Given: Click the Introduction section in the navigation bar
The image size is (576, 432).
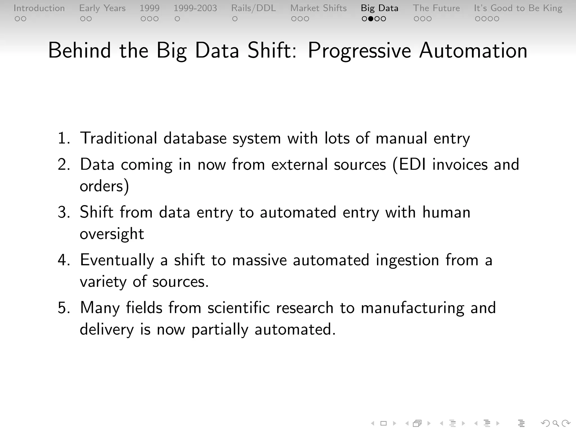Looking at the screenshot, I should (39, 8).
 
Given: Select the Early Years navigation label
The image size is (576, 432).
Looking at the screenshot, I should (102, 8).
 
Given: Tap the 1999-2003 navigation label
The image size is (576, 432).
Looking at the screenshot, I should (195, 8).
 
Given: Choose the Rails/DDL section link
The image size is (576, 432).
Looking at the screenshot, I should (253, 8).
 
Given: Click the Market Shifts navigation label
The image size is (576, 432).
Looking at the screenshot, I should (318, 8).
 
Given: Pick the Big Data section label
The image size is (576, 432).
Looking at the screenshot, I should (379, 8).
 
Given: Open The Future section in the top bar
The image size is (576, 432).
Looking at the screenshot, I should (436, 8).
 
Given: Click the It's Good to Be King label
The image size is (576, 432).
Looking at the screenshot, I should (518, 8).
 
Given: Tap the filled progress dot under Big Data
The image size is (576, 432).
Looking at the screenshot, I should (371, 19).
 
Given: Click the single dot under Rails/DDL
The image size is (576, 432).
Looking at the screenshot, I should (235, 19).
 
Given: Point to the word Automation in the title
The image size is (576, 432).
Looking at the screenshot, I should (473, 51).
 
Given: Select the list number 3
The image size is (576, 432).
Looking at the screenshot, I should (64, 212).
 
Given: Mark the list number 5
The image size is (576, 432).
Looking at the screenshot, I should (64, 308).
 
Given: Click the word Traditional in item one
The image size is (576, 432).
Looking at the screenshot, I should (118, 138).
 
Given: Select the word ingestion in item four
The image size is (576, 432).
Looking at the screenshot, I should (407, 260).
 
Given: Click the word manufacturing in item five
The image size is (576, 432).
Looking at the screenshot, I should (412, 308).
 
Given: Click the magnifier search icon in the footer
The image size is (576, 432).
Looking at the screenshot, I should (555, 423).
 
